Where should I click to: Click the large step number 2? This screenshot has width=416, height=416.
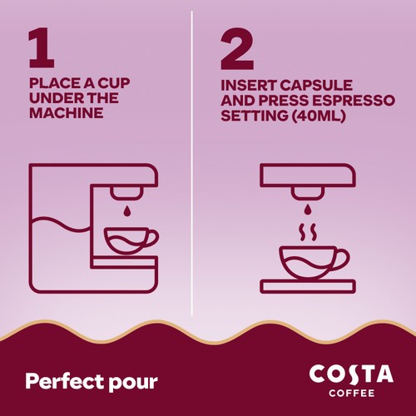click(x=237, y=51)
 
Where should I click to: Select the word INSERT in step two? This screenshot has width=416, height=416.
click(x=247, y=86)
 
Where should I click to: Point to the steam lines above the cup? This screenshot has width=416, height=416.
click(x=306, y=230)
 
